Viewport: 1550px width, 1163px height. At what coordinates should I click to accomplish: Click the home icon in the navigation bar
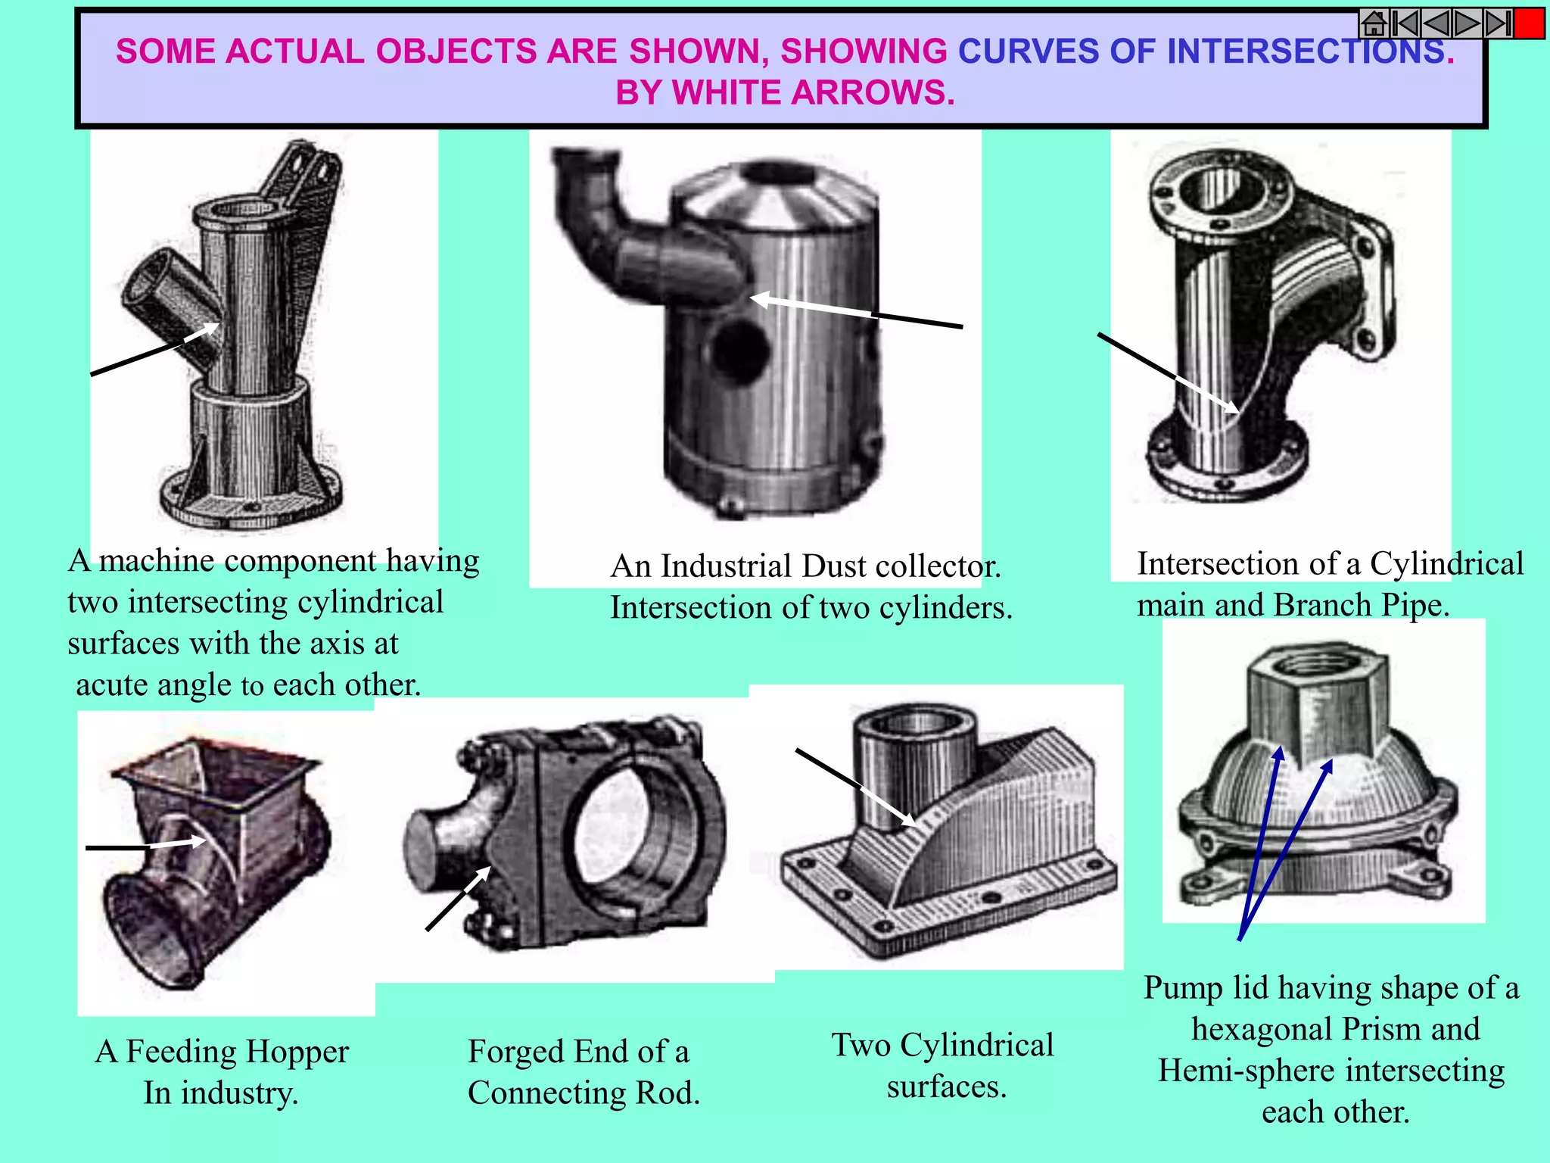(1373, 24)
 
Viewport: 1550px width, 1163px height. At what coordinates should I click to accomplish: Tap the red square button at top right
(1530, 24)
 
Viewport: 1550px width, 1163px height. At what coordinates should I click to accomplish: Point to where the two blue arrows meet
(1240, 939)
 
